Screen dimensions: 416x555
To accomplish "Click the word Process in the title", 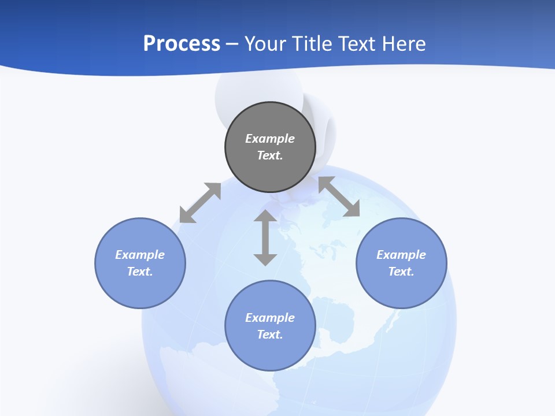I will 182,44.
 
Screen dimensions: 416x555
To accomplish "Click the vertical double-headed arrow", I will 265,237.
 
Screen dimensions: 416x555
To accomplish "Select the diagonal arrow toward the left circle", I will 200,203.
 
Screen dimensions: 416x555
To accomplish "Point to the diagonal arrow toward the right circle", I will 339,196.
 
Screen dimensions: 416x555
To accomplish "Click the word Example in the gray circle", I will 270,139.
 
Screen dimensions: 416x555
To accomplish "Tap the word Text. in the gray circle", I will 270,155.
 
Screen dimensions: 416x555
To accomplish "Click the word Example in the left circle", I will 140,255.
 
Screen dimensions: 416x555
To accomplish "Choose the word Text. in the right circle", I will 401,272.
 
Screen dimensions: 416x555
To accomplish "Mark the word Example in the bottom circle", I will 270,318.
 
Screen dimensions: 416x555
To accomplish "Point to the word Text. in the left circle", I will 140,272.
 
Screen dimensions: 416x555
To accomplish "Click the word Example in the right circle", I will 401,255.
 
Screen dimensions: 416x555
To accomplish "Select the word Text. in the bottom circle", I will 270,335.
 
